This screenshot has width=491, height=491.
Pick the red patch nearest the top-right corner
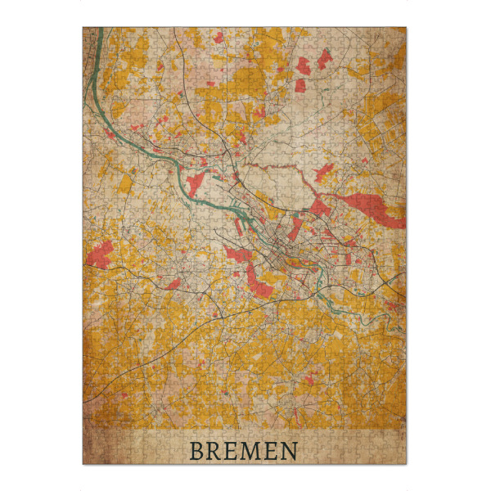(x=325, y=57)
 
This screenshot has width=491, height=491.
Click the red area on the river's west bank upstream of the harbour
(x=196, y=182)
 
